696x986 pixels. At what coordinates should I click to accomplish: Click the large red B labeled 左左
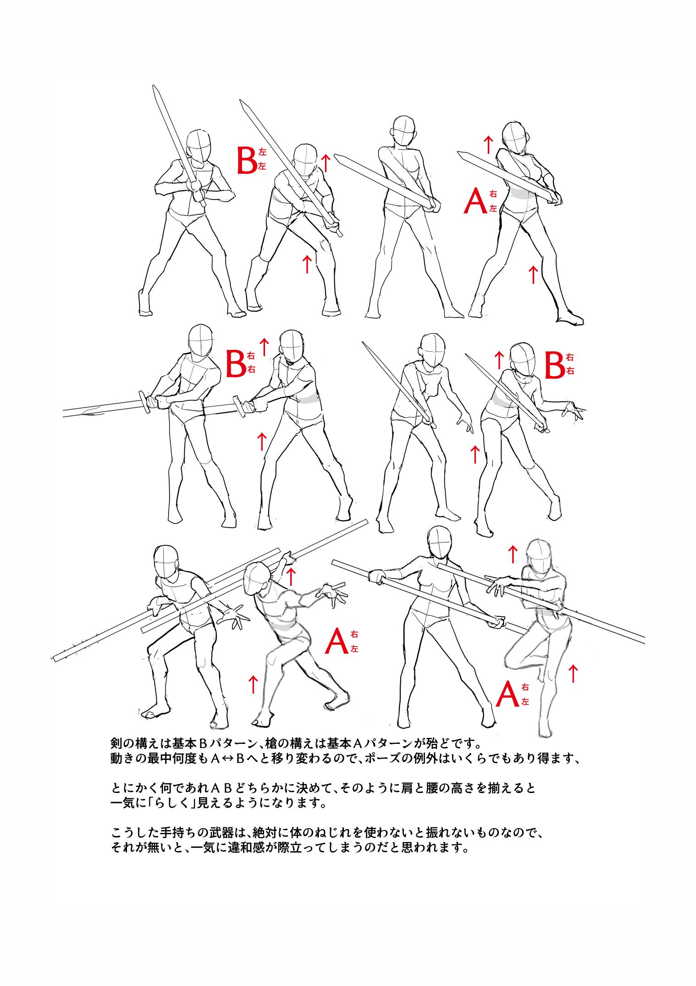coord(247,160)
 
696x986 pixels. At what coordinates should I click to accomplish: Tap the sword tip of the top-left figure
coord(155,88)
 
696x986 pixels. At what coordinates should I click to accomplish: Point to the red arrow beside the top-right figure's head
coord(489,144)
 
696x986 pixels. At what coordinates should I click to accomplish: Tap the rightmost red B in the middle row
coord(554,366)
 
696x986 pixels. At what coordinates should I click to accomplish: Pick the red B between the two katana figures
coord(236,364)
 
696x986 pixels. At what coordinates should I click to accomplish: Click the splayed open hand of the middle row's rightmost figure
coord(574,410)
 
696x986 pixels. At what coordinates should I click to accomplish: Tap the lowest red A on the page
coord(507,695)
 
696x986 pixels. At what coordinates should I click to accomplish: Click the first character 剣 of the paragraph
coord(116,742)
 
